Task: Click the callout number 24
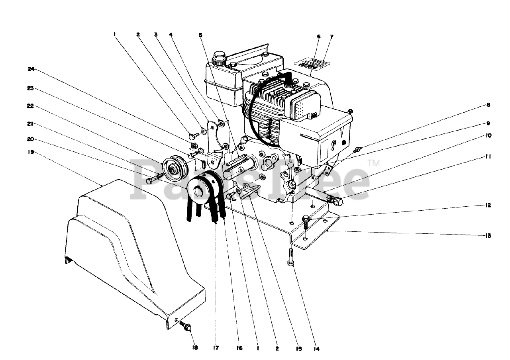point(31,69)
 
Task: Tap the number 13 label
point(488,235)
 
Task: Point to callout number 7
point(331,37)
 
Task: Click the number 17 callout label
point(216,348)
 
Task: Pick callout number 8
point(488,105)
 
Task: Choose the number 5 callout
point(200,35)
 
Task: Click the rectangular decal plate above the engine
point(313,63)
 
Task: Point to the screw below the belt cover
point(186,326)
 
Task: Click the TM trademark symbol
point(373,163)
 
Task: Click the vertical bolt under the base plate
point(291,257)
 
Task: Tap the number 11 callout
point(488,157)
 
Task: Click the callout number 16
point(239,348)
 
